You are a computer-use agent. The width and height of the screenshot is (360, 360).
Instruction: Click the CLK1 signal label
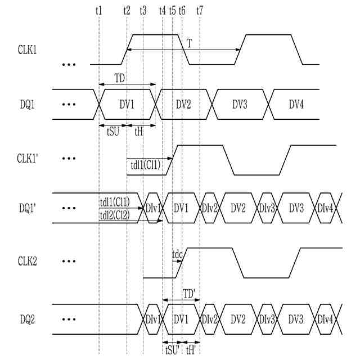pos(27,49)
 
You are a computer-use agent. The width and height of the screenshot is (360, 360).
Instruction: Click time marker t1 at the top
pos(99,11)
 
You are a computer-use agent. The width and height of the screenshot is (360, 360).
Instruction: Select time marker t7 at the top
pos(200,11)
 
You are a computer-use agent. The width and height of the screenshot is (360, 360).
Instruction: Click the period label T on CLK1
pos(190,43)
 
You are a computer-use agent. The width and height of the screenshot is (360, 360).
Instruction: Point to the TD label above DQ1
pos(120,78)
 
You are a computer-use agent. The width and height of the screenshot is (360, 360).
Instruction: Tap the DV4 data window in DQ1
pos(296,104)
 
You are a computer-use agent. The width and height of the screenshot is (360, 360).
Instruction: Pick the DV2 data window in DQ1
pos(184,104)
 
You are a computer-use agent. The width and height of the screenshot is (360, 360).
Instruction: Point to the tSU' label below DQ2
pos(172,348)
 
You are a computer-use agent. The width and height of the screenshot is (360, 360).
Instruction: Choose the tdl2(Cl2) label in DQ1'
pos(114,214)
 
